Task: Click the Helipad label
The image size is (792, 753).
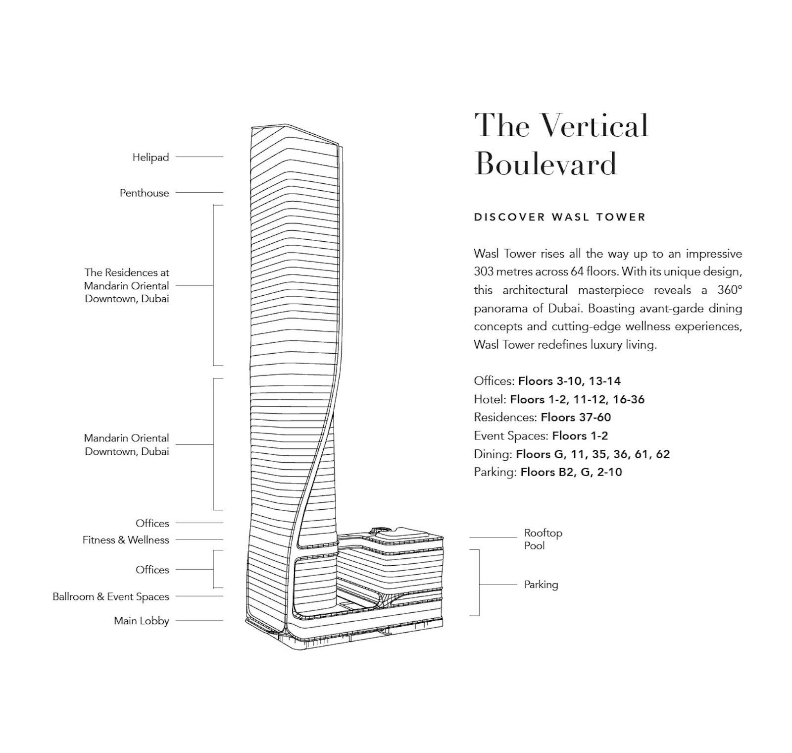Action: (x=150, y=157)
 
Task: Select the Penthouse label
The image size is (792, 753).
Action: (x=144, y=193)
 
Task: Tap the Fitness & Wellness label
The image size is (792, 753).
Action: (x=126, y=540)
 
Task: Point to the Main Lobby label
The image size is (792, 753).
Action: (x=141, y=621)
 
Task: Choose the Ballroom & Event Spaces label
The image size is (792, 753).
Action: (x=111, y=596)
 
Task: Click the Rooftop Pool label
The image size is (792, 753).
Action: (x=543, y=539)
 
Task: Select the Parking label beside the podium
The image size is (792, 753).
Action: (x=541, y=585)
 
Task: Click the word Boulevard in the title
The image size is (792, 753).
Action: (x=545, y=163)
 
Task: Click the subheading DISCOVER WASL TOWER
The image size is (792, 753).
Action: (x=559, y=217)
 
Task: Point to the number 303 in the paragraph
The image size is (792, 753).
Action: (x=484, y=271)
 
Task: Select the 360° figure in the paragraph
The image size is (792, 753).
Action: (x=730, y=290)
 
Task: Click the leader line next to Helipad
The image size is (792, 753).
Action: (x=199, y=157)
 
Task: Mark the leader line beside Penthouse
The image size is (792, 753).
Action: (x=199, y=193)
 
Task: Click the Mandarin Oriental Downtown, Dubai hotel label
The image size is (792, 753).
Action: (x=127, y=444)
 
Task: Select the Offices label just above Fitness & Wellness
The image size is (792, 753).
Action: (x=152, y=523)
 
